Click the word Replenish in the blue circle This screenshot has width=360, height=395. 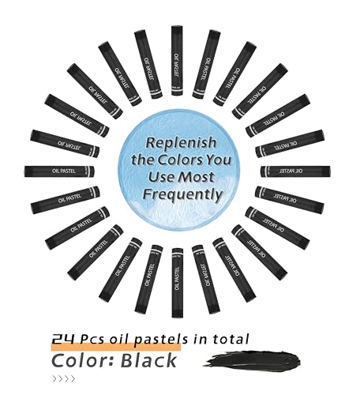point(181,143)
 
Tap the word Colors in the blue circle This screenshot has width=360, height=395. point(179,160)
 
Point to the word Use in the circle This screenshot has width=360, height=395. point(160,176)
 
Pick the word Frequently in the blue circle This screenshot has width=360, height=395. point(182,195)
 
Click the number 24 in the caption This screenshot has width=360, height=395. point(63,339)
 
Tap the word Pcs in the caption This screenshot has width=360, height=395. point(92,339)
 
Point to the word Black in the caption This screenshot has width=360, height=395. point(148,360)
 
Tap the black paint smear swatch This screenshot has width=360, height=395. point(252,359)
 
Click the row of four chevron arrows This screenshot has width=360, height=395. point(64,379)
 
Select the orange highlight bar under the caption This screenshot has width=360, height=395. point(116,347)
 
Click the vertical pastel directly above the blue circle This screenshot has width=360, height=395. point(177,61)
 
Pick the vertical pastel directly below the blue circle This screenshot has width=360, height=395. point(178,283)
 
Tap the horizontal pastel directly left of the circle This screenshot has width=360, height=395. point(59,171)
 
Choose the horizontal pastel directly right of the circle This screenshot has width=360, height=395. point(295,171)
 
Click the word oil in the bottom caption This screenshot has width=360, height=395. point(118,339)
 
